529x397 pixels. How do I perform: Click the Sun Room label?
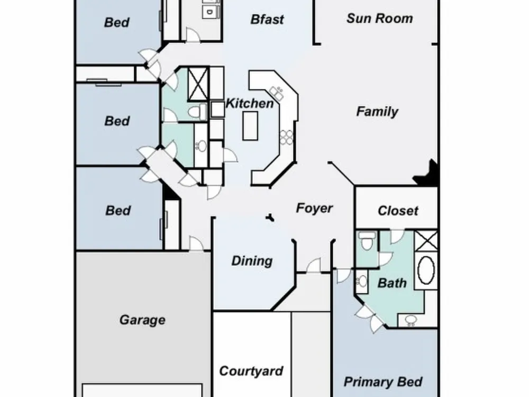coord(379,19)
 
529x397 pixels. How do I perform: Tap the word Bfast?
coord(267,20)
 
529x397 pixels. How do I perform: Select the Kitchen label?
coord(250,103)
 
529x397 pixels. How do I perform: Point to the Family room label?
coord(377,112)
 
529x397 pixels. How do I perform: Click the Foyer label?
coord(314,208)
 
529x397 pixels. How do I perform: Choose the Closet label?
coord(398,211)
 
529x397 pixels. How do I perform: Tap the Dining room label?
coord(252,261)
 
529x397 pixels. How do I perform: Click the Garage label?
coord(142,320)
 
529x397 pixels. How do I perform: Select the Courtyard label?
coord(251,372)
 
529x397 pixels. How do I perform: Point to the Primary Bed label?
coord(383,382)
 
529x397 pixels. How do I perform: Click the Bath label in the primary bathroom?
coord(392,283)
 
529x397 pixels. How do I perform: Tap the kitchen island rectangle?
coord(250,126)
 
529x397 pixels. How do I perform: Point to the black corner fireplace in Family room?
coord(427,174)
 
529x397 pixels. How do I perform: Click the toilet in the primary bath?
coord(367,240)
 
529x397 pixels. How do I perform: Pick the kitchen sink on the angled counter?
coord(277,93)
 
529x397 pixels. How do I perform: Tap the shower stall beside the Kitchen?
coord(198,84)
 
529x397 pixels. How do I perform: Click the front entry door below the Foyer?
coord(314,265)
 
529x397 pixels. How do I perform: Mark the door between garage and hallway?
coord(196,243)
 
